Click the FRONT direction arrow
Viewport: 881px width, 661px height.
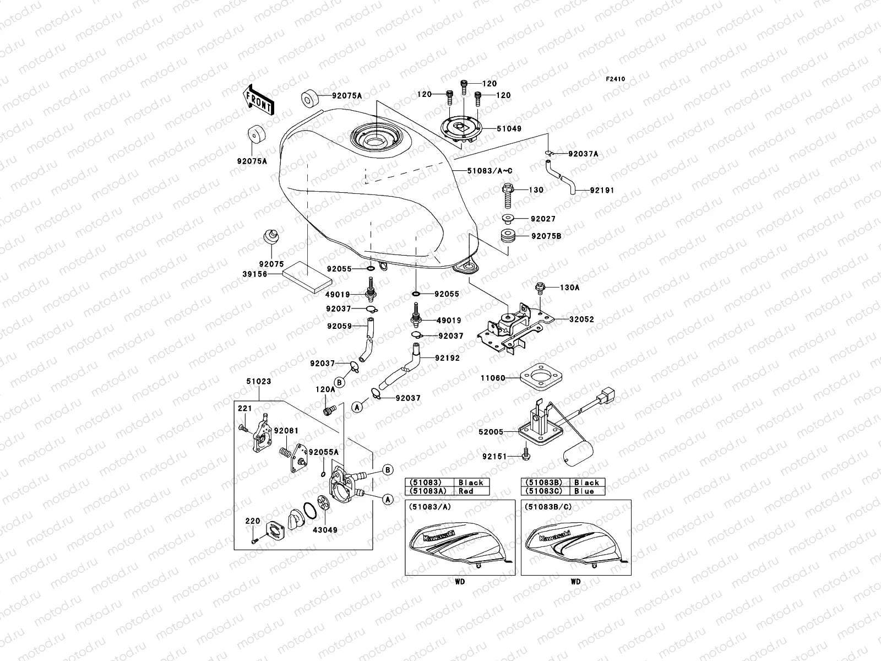pyautogui.click(x=258, y=99)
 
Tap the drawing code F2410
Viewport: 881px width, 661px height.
pyautogui.click(x=616, y=79)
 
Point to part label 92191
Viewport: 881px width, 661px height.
pyautogui.click(x=601, y=190)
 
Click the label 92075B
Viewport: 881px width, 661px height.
pyautogui.click(x=546, y=236)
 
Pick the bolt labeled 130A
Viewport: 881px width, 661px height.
pyautogui.click(x=540, y=286)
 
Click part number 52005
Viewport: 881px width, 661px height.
pyautogui.click(x=492, y=432)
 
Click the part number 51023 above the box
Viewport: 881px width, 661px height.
pyautogui.click(x=258, y=381)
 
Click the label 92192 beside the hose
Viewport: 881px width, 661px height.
pyautogui.click(x=447, y=357)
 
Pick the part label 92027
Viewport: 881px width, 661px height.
pyautogui.click(x=543, y=219)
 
